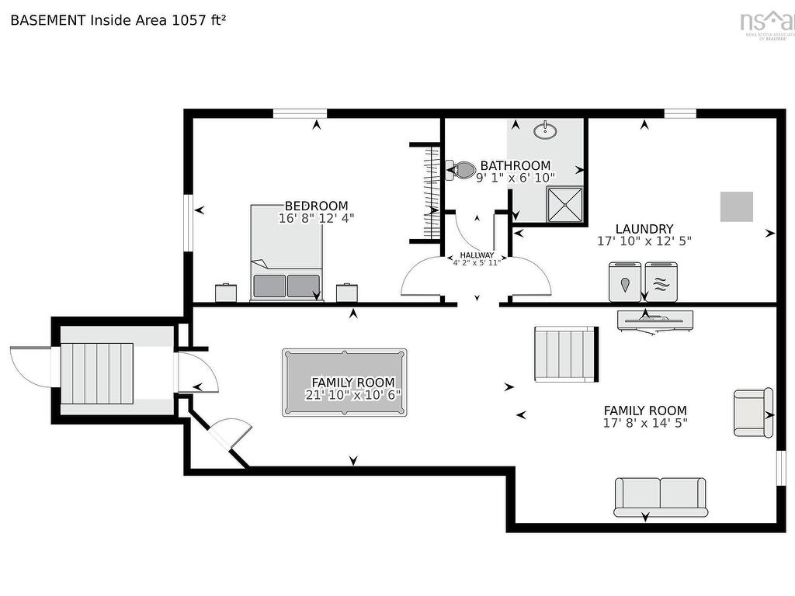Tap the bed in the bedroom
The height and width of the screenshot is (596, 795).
pos(286,252)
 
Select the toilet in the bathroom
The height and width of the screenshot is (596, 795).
pos(462,170)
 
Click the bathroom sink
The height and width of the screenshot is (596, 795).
pos(546,130)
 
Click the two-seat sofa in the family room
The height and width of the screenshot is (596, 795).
pos(660,497)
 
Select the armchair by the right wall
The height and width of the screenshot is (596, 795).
pos(752,412)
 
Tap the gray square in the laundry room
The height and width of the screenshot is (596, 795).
pos(736,206)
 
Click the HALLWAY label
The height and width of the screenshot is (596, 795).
pos(477,255)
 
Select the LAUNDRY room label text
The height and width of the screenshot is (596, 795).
pos(644,229)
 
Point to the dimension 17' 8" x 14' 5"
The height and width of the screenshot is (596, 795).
pos(645,423)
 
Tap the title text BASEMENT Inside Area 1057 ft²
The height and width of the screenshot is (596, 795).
pos(118,20)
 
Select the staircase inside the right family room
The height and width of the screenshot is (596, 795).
pos(565,354)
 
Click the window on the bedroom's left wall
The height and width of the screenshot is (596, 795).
pos(188,223)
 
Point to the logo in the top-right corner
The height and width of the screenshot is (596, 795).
pos(767,23)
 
